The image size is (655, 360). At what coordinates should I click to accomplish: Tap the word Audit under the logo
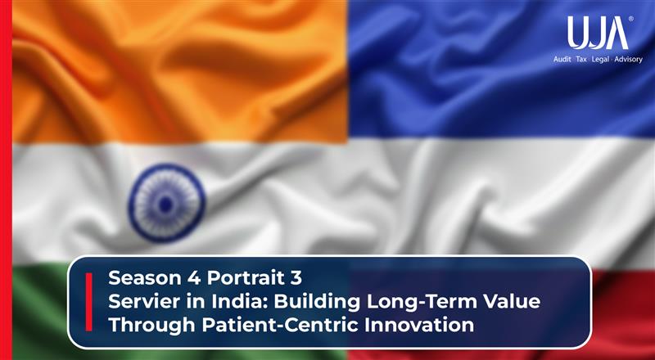point(565,59)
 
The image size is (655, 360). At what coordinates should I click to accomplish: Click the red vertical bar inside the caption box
point(88,302)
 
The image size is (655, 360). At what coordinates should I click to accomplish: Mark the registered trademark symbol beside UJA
point(630,19)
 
